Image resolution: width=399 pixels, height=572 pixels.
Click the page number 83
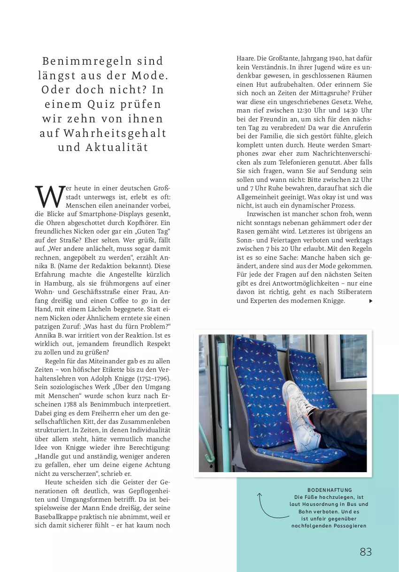(366, 552)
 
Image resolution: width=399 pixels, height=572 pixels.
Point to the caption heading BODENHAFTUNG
(330, 490)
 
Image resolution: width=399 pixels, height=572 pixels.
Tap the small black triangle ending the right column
(370, 301)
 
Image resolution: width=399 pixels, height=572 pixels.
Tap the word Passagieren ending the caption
(348, 526)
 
